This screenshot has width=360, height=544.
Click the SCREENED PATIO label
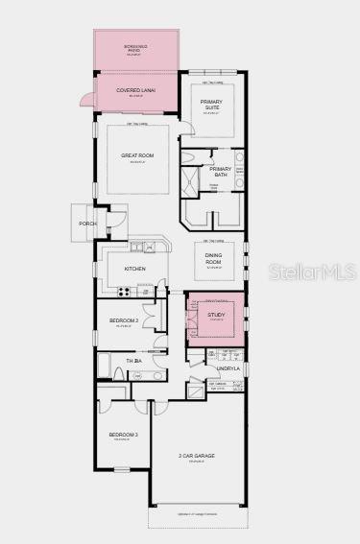tap(135, 47)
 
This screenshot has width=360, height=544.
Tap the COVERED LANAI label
tap(135, 90)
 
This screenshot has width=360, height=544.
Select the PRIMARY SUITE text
tap(211, 105)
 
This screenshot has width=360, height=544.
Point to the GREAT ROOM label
tap(138, 155)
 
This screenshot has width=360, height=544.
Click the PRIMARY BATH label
tap(222, 170)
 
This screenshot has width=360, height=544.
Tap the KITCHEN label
tap(134, 269)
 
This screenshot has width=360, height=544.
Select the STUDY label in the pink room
tap(216, 316)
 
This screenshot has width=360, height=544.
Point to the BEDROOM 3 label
tap(123, 435)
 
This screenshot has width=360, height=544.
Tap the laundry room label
tap(228, 367)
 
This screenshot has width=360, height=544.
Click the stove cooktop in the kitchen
tap(123, 291)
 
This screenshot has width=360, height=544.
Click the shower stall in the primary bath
tap(192, 179)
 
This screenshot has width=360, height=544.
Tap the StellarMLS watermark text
tap(318, 272)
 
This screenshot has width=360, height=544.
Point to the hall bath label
tap(133, 360)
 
